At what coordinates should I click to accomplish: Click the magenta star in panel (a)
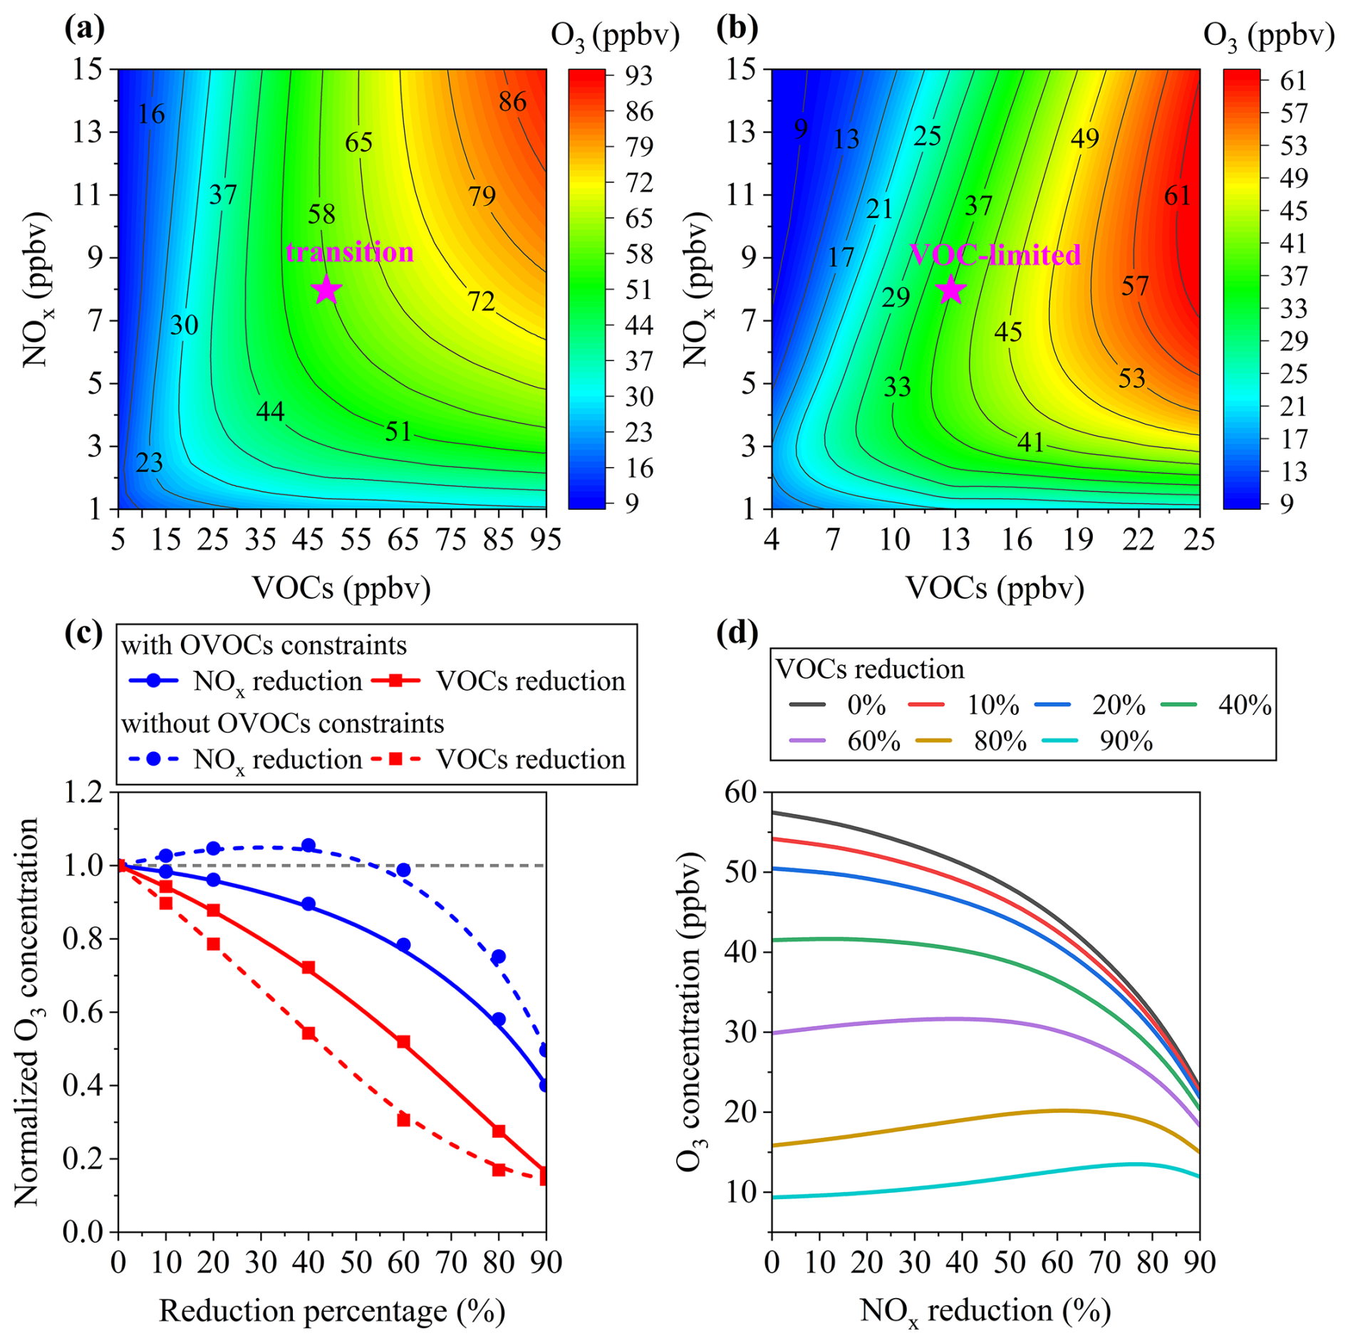pyautogui.click(x=326, y=290)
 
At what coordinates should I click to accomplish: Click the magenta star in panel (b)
pyautogui.click(x=950, y=290)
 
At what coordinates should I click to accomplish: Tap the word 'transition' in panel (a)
pyautogui.click(x=349, y=252)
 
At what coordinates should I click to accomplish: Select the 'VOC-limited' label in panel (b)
pyautogui.click(x=995, y=255)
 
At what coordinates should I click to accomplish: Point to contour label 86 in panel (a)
pyautogui.click(x=512, y=102)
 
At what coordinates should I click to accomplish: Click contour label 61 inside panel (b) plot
pyautogui.click(x=1177, y=196)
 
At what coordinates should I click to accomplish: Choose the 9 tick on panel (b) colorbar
pyautogui.click(x=1286, y=503)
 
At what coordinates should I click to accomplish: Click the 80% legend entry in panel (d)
pyautogui.click(x=1000, y=741)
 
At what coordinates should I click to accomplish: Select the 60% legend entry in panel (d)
pyautogui.click(x=873, y=741)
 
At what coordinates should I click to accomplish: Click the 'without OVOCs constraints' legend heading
pyautogui.click(x=282, y=723)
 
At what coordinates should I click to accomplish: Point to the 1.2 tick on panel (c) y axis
pyautogui.click(x=83, y=792)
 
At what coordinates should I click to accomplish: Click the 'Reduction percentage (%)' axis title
pyautogui.click(x=331, y=1310)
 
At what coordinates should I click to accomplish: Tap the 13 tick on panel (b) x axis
pyautogui.click(x=955, y=539)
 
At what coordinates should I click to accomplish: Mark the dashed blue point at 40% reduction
pyautogui.click(x=309, y=845)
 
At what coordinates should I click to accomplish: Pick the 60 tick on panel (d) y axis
pyautogui.click(x=741, y=792)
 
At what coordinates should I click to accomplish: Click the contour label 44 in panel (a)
pyautogui.click(x=270, y=412)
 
